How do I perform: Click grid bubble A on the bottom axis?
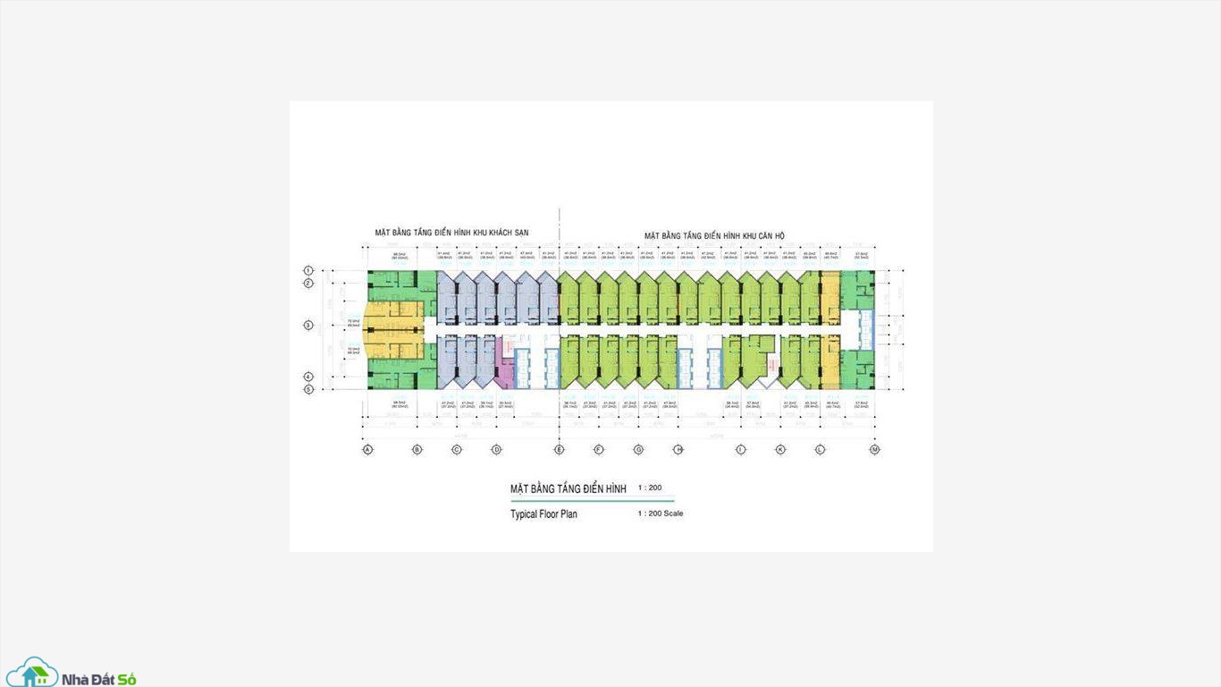(367, 449)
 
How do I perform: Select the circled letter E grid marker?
(560, 449)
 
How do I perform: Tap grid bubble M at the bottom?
(875, 449)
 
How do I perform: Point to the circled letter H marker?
(678, 449)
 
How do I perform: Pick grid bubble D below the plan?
(496, 449)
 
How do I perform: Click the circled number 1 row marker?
(308, 270)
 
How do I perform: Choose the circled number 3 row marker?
(308, 326)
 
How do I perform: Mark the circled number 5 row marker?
(308, 389)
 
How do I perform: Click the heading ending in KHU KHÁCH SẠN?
(451, 233)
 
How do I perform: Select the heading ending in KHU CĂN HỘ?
(714, 236)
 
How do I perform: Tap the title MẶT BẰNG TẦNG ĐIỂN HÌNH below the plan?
(568, 488)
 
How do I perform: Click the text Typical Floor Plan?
(543, 514)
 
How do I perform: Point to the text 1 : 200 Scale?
(661, 513)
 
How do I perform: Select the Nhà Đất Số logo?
(71, 674)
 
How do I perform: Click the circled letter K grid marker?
(780, 449)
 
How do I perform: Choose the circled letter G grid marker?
(638, 449)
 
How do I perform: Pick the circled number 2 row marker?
(308, 284)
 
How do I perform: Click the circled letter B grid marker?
(417, 449)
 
